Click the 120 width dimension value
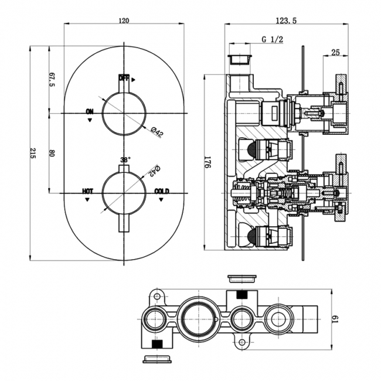click(124, 21)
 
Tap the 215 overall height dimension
click(33, 154)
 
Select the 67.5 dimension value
click(51, 79)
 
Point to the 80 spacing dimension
click(51, 154)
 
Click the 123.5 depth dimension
click(285, 21)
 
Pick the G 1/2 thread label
click(273, 39)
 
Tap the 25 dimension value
click(335, 53)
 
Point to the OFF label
click(124, 78)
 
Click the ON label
click(89, 111)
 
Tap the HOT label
click(87, 191)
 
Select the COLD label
click(162, 191)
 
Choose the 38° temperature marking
click(125, 159)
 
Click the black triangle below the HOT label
click(87, 199)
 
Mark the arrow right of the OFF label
click(134, 78)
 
